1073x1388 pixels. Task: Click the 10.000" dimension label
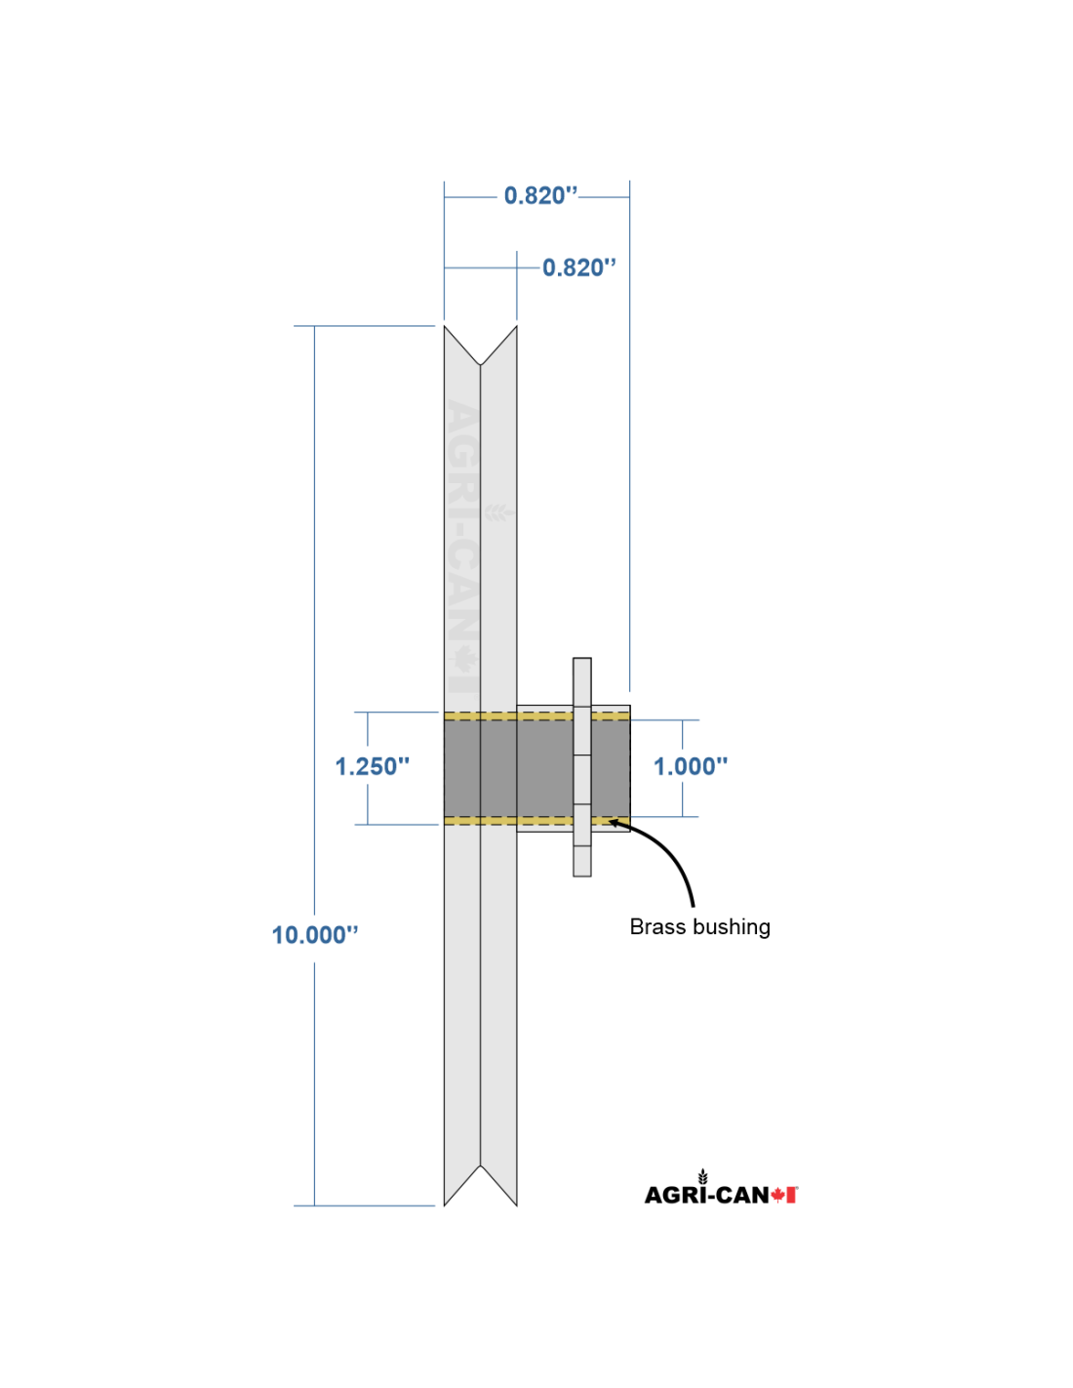point(315,935)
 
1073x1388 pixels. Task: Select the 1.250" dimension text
point(372,766)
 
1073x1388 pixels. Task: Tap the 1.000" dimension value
point(690,766)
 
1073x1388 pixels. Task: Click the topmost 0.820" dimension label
point(540,195)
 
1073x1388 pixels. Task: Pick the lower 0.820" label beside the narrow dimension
point(579,267)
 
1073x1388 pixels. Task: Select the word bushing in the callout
point(733,927)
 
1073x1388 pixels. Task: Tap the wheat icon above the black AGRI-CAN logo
point(702,1176)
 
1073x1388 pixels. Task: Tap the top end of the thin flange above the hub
point(581,659)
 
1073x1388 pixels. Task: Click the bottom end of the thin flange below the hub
point(581,876)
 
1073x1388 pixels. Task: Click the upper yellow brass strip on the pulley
point(536,716)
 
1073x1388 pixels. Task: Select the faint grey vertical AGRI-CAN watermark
point(462,547)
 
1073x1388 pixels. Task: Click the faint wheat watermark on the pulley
point(498,512)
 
